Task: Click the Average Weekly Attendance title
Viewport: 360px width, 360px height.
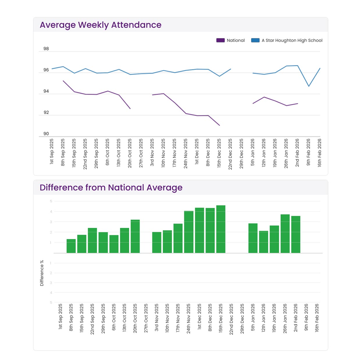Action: [x=100, y=25]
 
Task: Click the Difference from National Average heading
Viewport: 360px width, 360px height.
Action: [x=111, y=188]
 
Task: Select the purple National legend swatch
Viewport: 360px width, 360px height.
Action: [x=220, y=40]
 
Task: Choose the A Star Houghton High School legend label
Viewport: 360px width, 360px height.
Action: [x=292, y=40]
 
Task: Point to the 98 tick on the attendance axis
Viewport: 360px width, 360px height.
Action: [x=46, y=49]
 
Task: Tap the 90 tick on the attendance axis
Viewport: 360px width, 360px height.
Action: [x=46, y=134]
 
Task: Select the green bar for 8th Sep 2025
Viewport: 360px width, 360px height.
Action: [x=71, y=246]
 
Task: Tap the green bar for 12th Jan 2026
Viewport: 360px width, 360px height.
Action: [x=263, y=242]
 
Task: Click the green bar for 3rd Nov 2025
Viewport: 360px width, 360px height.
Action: [x=156, y=243]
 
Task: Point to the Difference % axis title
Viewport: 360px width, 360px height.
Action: [x=42, y=273]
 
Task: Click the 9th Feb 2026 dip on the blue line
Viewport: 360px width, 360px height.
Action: [x=309, y=86]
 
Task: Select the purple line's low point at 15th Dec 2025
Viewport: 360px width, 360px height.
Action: [x=220, y=125]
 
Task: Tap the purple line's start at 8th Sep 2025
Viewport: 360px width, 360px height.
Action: [x=63, y=81]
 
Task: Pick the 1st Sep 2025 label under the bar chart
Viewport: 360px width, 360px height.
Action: [x=60, y=316]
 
